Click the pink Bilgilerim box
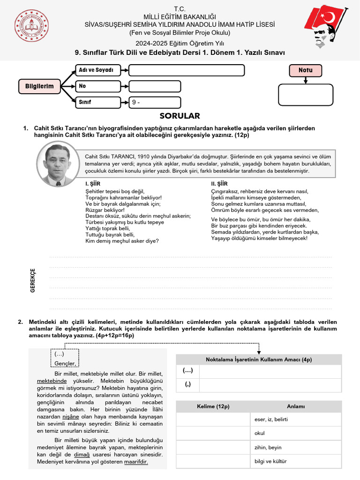click(x=39, y=86)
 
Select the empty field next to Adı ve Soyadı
click(x=186, y=70)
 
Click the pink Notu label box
click(x=305, y=71)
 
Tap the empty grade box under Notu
click(x=305, y=95)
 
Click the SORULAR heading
click(x=180, y=116)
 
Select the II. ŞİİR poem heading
click(x=219, y=184)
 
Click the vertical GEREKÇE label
click(x=33, y=280)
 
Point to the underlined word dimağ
click(x=83, y=455)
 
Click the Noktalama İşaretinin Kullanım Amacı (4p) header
click(x=259, y=360)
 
